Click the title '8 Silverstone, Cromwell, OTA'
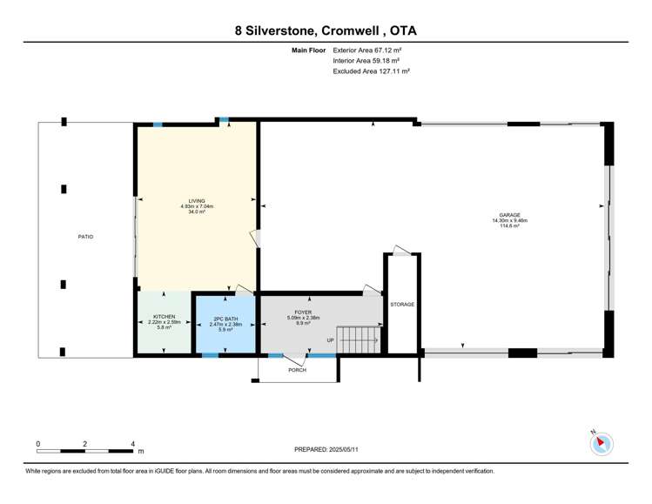[326, 30]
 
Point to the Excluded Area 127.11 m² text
[371, 71]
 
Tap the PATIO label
[84, 237]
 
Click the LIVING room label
[197, 201]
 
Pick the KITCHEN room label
[165, 317]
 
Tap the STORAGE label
[402, 305]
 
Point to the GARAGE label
[510, 215]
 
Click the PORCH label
[298, 370]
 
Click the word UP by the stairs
[330, 340]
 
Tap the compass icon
[602, 444]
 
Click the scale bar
[84, 451]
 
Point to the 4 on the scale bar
[132, 443]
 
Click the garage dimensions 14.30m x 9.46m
[510, 221]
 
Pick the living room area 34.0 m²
[197, 212]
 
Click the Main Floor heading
[309, 51]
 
